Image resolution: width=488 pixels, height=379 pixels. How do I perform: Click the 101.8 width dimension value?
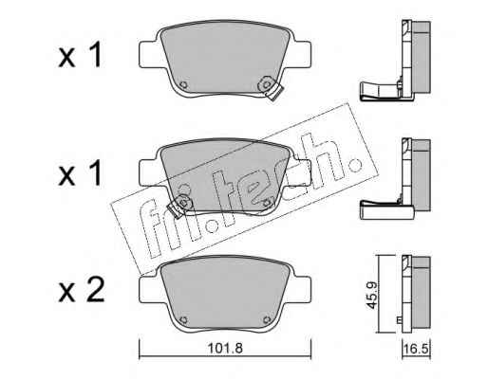tap(225, 349)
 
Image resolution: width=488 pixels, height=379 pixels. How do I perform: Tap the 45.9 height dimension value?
tap(372, 296)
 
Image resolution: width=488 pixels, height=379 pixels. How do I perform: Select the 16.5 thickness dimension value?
tap(416, 350)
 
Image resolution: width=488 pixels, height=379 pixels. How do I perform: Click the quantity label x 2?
tap(82, 290)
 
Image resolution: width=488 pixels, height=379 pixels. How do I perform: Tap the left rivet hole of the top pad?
tap(183, 85)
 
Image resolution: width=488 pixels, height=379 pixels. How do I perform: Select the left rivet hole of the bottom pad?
tap(183, 320)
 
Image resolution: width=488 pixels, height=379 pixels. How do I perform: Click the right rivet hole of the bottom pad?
tap(267, 320)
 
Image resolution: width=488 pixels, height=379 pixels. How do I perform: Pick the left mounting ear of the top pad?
tap(149, 54)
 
